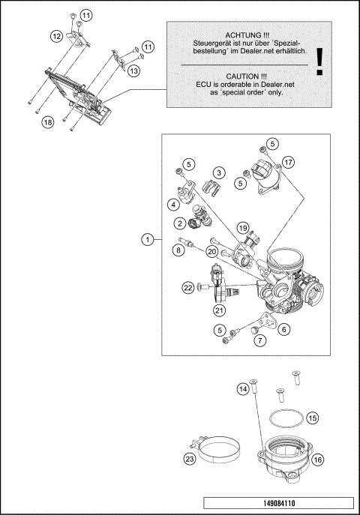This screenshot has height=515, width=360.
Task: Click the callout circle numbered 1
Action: (148, 239)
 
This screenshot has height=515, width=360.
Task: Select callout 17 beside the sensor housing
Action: (289, 161)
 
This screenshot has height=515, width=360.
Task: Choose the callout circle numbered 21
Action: (219, 310)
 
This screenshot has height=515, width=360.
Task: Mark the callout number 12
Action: (56, 35)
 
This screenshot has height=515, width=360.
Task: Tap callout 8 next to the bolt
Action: (178, 250)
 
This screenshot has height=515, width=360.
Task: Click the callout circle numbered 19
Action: (242, 226)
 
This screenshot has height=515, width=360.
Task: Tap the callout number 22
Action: (188, 287)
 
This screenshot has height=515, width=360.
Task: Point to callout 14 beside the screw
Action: (243, 390)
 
